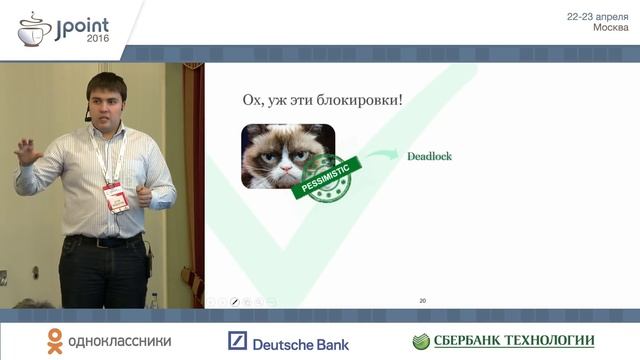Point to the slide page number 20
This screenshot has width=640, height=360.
pyautogui.click(x=422, y=300)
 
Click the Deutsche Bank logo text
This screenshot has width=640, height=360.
pyautogui.click(x=300, y=344)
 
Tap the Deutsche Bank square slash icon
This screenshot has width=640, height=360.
pyautogui.click(x=237, y=342)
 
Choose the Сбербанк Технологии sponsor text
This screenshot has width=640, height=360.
pyautogui.click(x=514, y=342)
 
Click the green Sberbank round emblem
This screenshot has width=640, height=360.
pyautogui.click(x=421, y=342)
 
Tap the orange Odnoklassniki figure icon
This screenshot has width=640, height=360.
pyautogui.click(x=54, y=342)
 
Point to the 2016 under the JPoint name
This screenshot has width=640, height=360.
pyautogui.click(x=98, y=37)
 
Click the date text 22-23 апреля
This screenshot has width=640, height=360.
pyautogui.click(x=597, y=17)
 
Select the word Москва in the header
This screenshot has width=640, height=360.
pyautogui.click(x=610, y=28)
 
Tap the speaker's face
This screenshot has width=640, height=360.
pyautogui.click(x=107, y=102)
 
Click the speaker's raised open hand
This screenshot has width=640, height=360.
pyautogui.click(x=27, y=153)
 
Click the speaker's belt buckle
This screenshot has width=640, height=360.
pyautogui.click(x=105, y=241)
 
